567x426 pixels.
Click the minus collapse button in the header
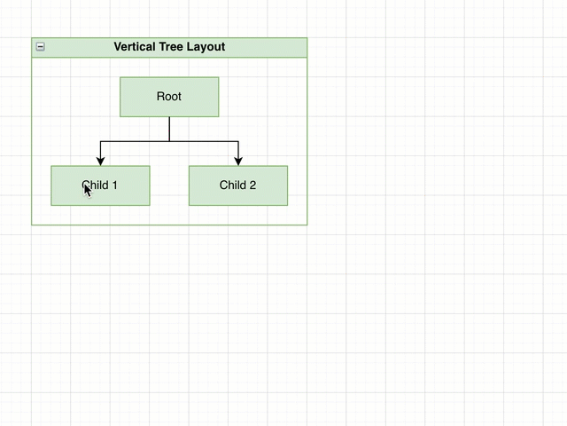click(x=41, y=47)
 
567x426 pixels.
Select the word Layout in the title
click(x=206, y=47)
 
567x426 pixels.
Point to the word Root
click(x=169, y=97)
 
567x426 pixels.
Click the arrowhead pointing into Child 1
click(x=100, y=161)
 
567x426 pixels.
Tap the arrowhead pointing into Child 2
click(x=238, y=161)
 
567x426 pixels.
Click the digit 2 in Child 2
click(x=252, y=185)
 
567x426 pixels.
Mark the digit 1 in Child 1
click(x=114, y=185)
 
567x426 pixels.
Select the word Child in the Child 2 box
click(x=233, y=185)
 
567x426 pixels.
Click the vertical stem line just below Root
click(x=169, y=129)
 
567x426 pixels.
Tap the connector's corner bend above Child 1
click(x=100, y=141)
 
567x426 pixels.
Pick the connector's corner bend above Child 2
click(x=238, y=141)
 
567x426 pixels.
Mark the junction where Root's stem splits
click(x=169, y=141)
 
